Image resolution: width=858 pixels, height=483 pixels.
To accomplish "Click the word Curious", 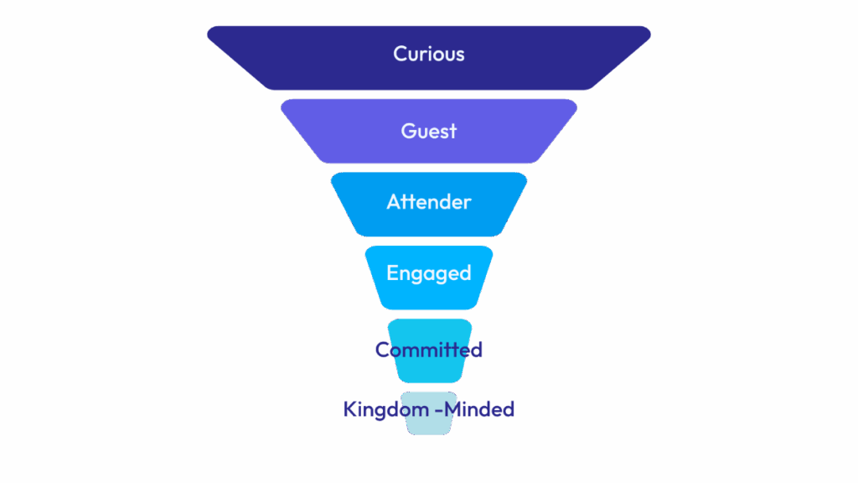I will click(428, 54).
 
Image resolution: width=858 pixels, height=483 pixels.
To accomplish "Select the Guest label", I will click(428, 131).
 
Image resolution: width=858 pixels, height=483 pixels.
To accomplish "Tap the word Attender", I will click(428, 202).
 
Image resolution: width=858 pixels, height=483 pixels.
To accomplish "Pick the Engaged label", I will click(428, 273).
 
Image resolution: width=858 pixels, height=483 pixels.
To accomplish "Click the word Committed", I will click(428, 350).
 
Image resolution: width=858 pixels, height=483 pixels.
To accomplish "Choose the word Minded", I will click(480, 409).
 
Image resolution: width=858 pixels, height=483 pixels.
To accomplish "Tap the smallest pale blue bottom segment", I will click(428, 426).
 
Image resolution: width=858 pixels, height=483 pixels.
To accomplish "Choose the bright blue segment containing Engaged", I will click(428, 295).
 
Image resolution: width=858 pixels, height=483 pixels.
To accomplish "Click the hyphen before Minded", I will click(440, 410).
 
